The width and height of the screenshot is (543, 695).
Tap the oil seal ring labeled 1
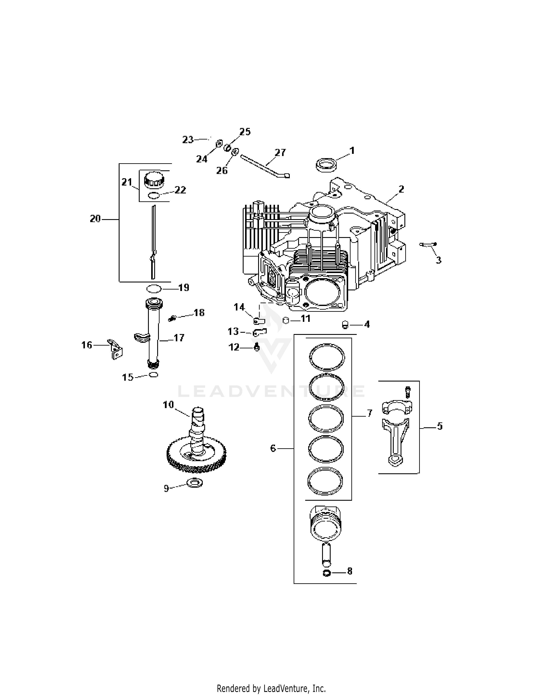[x=327, y=165]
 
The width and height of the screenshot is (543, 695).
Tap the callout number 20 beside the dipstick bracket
[x=95, y=219]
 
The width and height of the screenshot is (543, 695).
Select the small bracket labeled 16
[x=115, y=349]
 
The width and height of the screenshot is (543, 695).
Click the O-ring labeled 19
[x=154, y=289]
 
